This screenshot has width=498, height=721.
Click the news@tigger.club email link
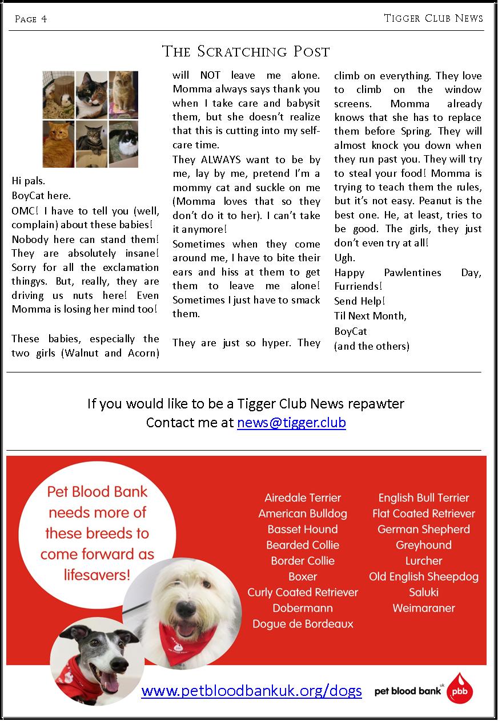click(291, 423)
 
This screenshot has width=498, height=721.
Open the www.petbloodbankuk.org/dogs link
click(251, 691)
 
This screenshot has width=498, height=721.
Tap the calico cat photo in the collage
click(91, 94)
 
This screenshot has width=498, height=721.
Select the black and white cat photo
click(123, 144)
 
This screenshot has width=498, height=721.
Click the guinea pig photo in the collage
click(58, 94)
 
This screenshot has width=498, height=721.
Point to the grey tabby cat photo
click(91, 144)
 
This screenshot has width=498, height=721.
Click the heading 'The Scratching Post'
click(246, 52)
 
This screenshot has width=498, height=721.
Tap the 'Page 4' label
click(31, 19)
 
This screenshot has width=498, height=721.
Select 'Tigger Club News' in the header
click(433, 18)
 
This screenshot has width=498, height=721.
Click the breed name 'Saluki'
click(424, 592)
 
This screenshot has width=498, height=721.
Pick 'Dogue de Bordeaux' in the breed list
click(303, 623)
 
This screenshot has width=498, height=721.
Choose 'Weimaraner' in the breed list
click(424, 608)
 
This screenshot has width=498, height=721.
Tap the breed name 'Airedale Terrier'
click(303, 497)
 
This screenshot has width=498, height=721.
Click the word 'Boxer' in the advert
click(303, 576)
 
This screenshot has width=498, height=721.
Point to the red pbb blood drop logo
click(460, 688)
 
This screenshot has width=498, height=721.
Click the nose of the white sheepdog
click(184, 607)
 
